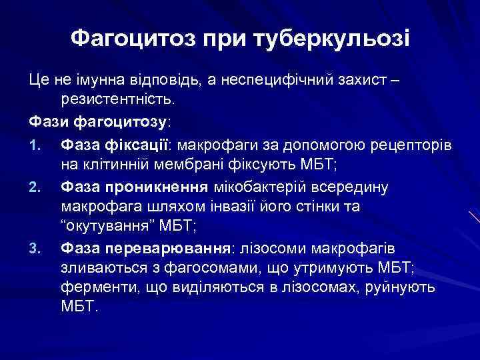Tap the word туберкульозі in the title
333,38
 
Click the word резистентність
117,99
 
